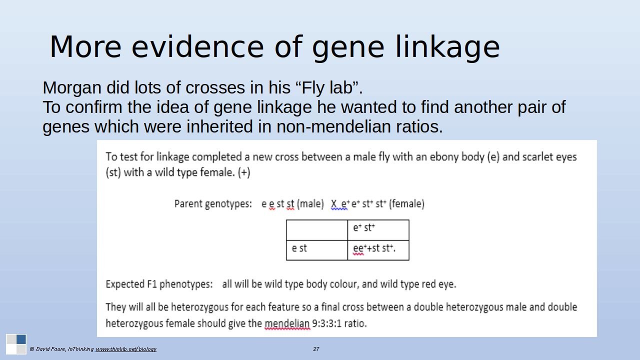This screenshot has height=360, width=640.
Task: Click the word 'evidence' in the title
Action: click(197, 47)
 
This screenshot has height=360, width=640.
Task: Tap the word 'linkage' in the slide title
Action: click(447, 47)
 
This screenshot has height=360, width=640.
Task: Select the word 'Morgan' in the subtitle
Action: click(72, 88)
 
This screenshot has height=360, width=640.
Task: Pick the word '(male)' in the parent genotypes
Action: click(310, 204)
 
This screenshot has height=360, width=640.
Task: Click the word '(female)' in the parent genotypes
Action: click(407, 204)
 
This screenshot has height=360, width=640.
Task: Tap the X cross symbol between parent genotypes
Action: click(333, 204)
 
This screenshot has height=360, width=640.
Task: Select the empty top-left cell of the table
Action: click(317, 230)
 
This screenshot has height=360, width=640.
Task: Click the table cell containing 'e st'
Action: click(317, 250)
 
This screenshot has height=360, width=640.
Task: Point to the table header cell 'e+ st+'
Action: click(378, 230)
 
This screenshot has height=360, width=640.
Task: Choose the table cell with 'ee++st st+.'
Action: click(378, 250)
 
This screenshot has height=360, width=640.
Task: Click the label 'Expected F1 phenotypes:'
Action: click(159, 284)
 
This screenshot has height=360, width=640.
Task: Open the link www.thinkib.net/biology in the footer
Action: click(125, 349)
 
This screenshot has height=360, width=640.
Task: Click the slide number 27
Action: click(316, 349)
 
